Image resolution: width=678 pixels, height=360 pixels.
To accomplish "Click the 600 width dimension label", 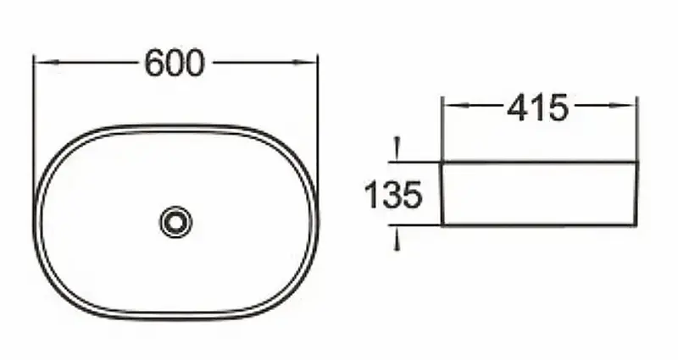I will [175, 63].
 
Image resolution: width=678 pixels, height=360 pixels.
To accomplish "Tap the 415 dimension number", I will [536, 107].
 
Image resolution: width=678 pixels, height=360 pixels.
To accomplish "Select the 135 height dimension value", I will [392, 196].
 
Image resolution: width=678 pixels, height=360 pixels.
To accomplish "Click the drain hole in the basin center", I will [175, 222].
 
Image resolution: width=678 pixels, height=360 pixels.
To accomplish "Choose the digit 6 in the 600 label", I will [155, 63].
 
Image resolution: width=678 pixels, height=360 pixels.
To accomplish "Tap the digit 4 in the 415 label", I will [517, 107].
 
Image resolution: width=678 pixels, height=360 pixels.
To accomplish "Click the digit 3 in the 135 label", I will [392, 196].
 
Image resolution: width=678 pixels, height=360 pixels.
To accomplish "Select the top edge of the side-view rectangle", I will [538, 161].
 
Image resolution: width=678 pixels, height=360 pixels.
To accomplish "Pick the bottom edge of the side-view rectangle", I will [538, 225].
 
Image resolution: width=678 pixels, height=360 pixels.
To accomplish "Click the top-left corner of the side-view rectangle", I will [442, 161].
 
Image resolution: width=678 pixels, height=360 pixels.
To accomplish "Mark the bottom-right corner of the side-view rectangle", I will [636, 225].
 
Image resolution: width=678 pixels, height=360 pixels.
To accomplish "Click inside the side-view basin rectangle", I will [538, 193].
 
